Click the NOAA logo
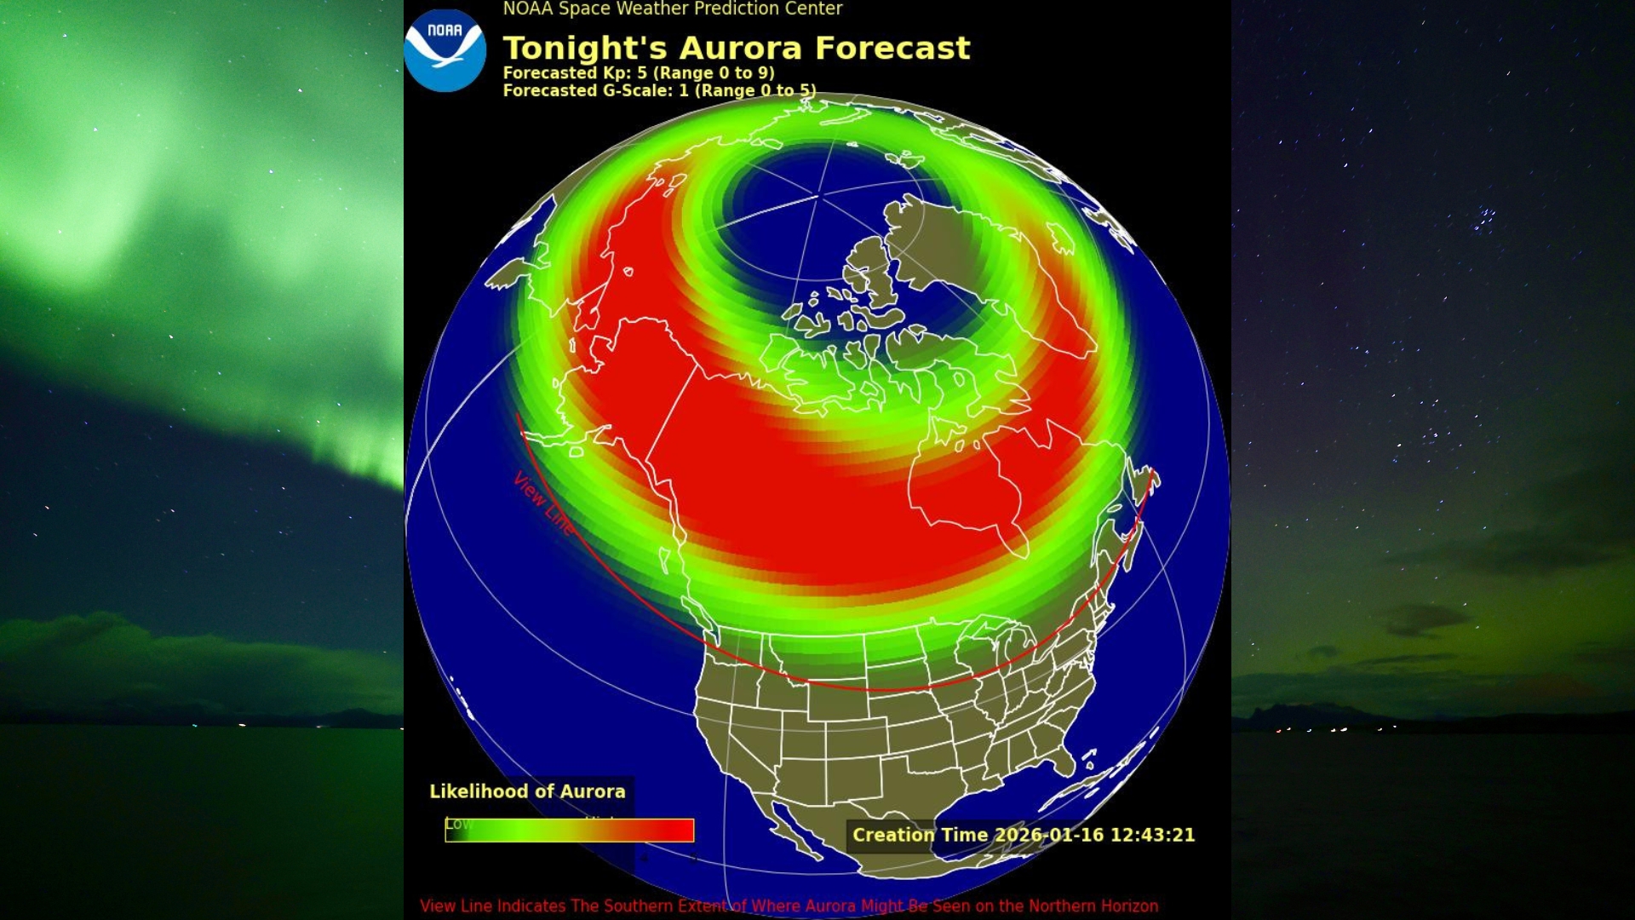click(445, 50)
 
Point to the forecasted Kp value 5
click(642, 73)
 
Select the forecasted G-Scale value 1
click(683, 90)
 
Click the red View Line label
click(543, 503)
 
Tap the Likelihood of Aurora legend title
click(527, 791)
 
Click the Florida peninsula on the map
click(1059, 757)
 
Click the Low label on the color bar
click(458, 824)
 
